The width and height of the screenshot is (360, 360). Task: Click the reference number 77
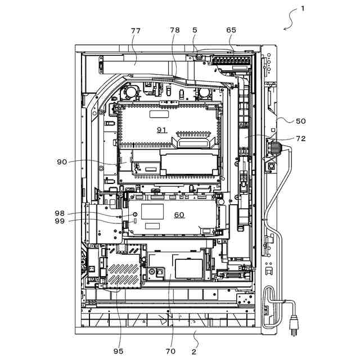pyautogui.click(x=136, y=30)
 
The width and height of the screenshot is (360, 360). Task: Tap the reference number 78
pyautogui.click(x=175, y=30)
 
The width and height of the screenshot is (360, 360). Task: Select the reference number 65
pyautogui.click(x=231, y=30)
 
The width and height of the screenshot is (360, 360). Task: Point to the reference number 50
pyautogui.click(x=301, y=121)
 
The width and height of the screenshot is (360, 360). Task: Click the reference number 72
pyautogui.click(x=301, y=138)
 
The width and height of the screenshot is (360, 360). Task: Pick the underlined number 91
pyautogui.click(x=162, y=130)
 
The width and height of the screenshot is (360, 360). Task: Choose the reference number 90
pyautogui.click(x=62, y=162)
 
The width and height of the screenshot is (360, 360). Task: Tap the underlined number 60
pyautogui.click(x=179, y=215)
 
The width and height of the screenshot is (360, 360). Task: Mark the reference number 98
pyautogui.click(x=60, y=213)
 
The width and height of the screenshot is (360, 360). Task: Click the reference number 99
pyautogui.click(x=60, y=221)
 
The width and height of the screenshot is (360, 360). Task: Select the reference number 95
pyautogui.click(x=118, y=351)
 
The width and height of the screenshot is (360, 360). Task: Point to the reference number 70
pyautogui.click(x=170, y=351)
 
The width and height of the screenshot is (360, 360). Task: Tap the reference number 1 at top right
pyautogui.click(x=303, y=8)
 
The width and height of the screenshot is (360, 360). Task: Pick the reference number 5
pyautogui.click(x=195, y=30)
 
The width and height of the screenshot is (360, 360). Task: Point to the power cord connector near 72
pyautogui.click(x=276, y=147)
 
